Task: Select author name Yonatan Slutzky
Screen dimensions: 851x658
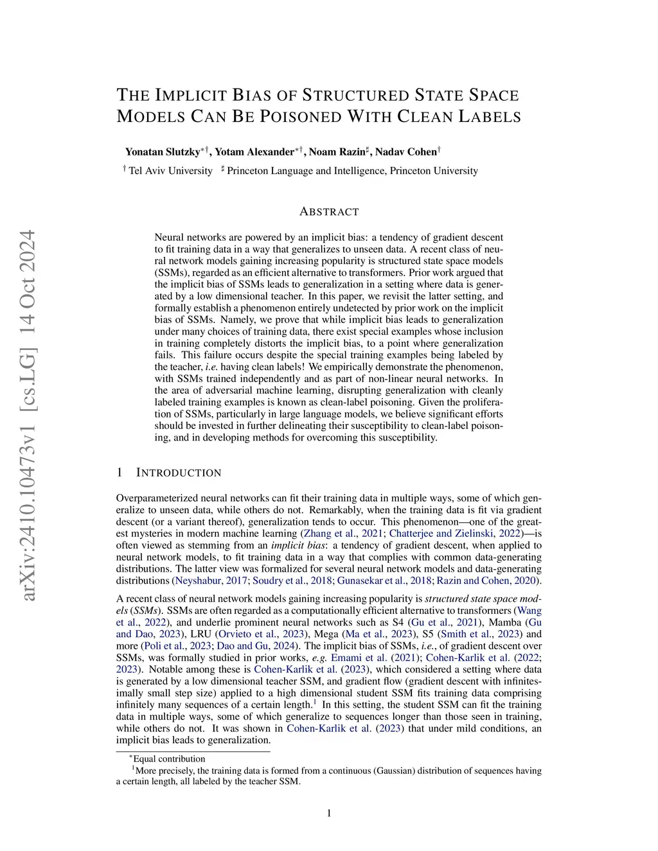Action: click(x=163, y=152)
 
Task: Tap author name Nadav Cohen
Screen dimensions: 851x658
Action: click(x=405, y=152)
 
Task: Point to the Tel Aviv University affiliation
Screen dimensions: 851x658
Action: click(x=170, y=171)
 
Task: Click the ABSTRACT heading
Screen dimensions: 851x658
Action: click(x=329, y=212)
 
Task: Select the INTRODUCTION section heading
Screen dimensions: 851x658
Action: click(x=179, y=473)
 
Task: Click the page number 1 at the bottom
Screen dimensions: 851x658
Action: click(x=329, y=814)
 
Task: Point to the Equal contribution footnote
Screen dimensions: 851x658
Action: click(x=168, y=759)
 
